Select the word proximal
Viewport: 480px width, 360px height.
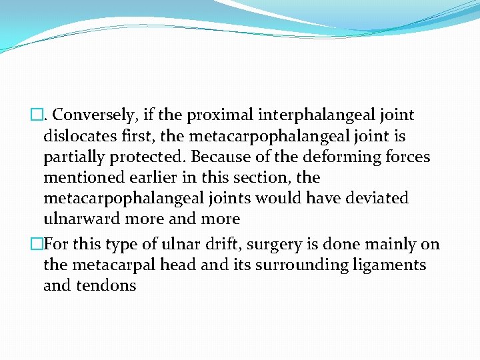pos(216,115)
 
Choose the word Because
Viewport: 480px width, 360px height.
pos(213,157)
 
